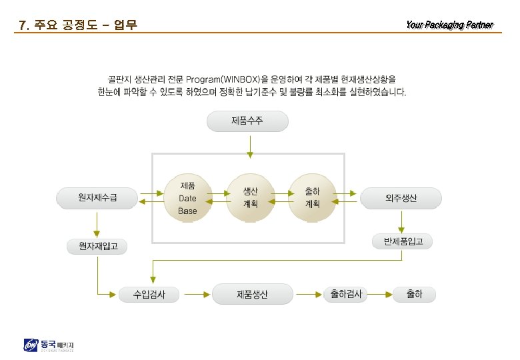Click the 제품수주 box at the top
pyautogui.click(x=248, y=121)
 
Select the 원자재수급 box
pyautogui.click(x=97, y=197)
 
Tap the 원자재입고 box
pyautogui.click(x=97, y=247)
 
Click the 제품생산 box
pyautogui.click(x=252, y=294)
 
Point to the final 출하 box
pyautogui.click(x=414, y=294)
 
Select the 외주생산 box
pyautogui.click(x=401, y=197)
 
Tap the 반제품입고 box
pyautogui.click(x=401, y=241)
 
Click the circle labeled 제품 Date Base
pyautogui.click(x=187, y=197)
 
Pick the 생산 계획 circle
pyautogui.click(x=250, y=197)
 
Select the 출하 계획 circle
pyautogui.click(x=312, y=197)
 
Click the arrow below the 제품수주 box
pyautogui.click(x=250, y=146)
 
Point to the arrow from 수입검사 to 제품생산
pyautogui.click(x=193, y=293)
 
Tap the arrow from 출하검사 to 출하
pyautogui.click(x=379, y=293)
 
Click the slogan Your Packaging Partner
pyautogui.click(x=449, y=25)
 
